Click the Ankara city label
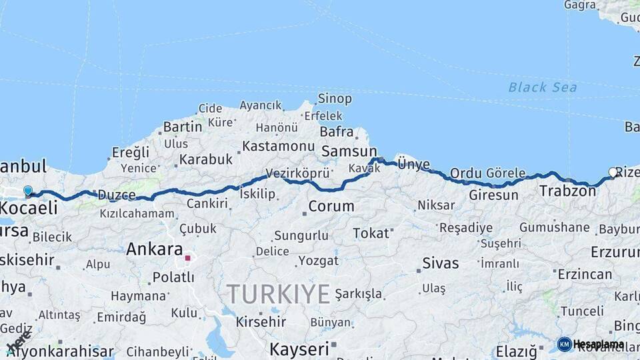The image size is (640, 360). pos(154,249)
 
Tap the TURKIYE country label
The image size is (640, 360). pos(278,293)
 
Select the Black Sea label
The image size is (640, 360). pos(542,87)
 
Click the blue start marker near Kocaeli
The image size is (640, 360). pos(28,191)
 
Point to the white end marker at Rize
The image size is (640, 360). pos(613,173)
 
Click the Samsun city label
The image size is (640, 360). pos(349,151)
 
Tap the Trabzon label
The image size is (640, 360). pos(567,191)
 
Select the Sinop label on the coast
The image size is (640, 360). pos(335,99)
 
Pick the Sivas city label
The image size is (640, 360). pos(441,263)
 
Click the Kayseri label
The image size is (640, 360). pos(299,349)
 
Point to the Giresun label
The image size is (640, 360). pos(493,195)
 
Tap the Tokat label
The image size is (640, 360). pos(371,233)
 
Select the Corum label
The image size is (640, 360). pos(331,206)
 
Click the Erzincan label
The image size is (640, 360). pos(585,274)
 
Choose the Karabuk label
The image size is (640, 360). pos(206,159)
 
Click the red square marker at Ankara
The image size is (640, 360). pos(188,257)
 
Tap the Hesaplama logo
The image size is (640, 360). pos(591,344)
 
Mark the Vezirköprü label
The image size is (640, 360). pos(298,173)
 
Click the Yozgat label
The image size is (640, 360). pos(319,260)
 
